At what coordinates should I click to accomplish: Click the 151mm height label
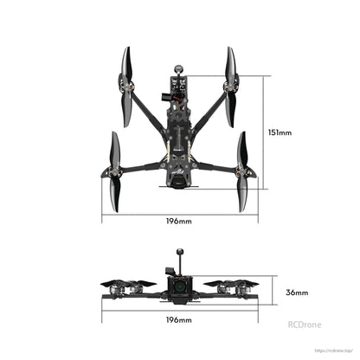pos(280,133)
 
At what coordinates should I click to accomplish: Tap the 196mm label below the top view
pos(179,222)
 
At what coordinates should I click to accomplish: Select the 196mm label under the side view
pos(179,320)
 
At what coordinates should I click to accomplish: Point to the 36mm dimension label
pos(295,292)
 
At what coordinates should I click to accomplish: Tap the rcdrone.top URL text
pos(333,350)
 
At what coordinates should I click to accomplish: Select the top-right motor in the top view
pos(232,87)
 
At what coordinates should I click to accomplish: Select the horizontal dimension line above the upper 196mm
pos(179,213)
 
